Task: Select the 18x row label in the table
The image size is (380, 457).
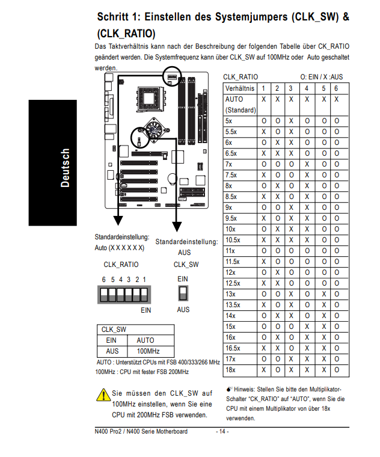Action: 230,370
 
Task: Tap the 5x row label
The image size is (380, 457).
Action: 228,121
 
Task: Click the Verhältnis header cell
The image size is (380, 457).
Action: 239,88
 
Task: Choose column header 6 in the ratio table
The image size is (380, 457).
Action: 336,88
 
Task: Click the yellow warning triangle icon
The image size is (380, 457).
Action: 102,395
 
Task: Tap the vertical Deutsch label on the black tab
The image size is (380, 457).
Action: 65,168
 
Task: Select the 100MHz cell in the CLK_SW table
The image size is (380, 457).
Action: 146,351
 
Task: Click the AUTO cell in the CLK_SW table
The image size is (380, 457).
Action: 146,340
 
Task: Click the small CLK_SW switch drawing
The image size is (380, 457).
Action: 183,293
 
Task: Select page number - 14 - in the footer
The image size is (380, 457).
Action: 222,432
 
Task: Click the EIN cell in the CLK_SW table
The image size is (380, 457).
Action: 112,340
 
